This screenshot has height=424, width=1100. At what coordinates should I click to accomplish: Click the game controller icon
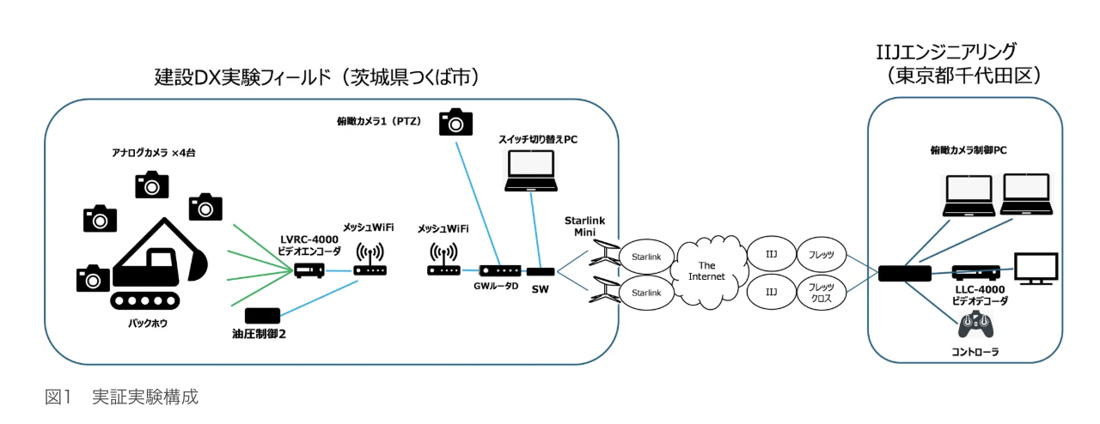pyautogui.click(x=975, y=326)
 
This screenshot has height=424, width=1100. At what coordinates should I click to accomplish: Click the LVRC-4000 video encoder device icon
pyautogui.click(x=308, y=270)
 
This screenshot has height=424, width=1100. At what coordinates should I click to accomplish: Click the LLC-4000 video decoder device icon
pyautogui.click(x=975, y=272)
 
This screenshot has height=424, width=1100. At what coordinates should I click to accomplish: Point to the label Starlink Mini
pyautogui.click(x=584, y=227)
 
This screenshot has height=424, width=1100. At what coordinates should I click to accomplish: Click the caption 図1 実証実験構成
pyautogui.click(x=121, y=397)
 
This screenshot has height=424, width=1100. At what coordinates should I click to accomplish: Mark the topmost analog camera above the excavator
pyautogui.click(x=152, y=184)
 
